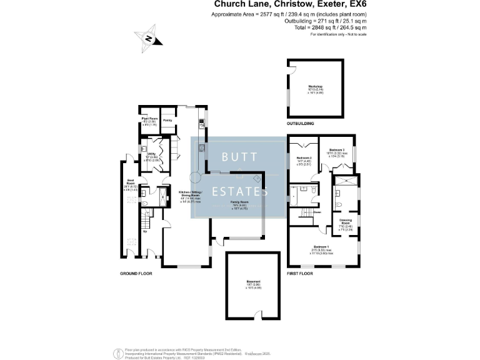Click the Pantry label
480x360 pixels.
(167, 119)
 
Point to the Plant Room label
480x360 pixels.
(148, 117)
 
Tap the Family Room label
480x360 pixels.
(241, 203)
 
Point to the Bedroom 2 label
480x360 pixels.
(303, 159)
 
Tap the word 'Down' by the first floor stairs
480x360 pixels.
(316, 212)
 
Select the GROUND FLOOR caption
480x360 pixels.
(136, 273)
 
